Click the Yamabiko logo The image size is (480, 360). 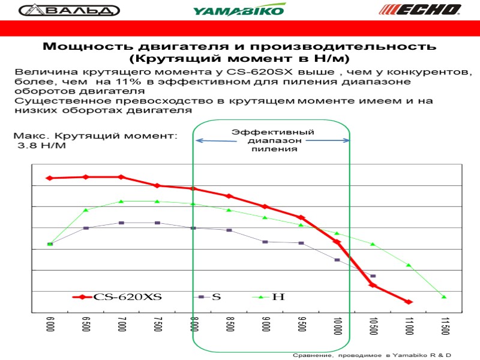pyautogui.click(x=239, y=10)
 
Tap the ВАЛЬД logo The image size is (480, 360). pyautogui.click(x=69, y=10)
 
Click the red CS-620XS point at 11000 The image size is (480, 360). pyautogui.click(x=409, y=302)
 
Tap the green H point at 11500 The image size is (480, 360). pyautogui.click(x=445, y=297)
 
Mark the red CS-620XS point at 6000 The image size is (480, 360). pyautogui.click(x=49, y=178)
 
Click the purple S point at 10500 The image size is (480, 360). pyautogui.click(x=373, y=276)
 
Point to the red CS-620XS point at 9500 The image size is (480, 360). pyautogui.click(x=301, y=217)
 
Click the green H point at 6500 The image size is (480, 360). pyautogui.click(x=86, y=210)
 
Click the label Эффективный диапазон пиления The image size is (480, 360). pyautogui.click(x=273, y=140)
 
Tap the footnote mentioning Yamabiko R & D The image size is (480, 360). pyautogui.click(x=372, y=356)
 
